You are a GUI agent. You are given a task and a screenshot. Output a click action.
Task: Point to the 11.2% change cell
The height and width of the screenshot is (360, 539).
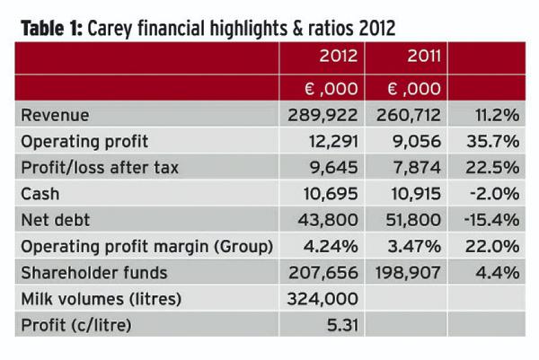pos(493,116)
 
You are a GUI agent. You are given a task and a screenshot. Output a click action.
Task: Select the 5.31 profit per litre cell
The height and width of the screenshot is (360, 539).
pos(340,323)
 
